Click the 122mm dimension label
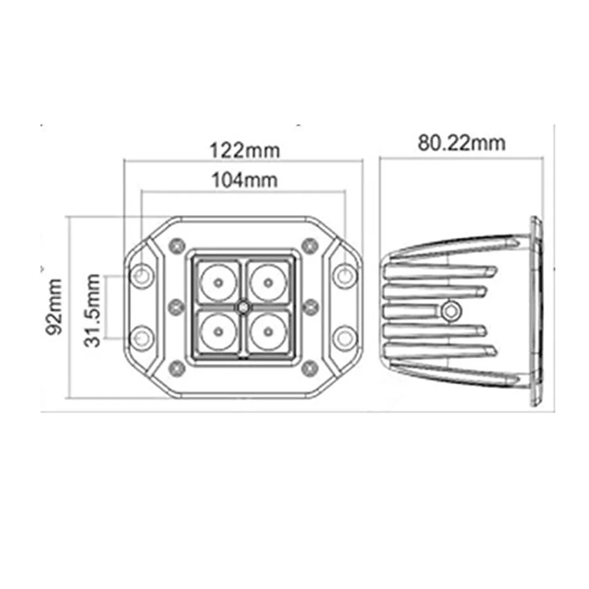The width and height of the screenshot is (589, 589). (x=244, y=151)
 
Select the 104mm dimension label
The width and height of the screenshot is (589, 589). (x=244, y=180)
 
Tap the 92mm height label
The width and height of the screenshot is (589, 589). (x=54, y=306)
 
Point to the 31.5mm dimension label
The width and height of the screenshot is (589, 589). (x=92, y=310)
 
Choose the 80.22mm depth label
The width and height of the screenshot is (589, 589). (x=462, y=143)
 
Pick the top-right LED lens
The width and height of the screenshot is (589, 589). (x=268, y=283)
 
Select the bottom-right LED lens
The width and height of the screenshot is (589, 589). (x=268, y=332)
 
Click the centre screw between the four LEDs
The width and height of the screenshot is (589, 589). (x=243, y=307)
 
